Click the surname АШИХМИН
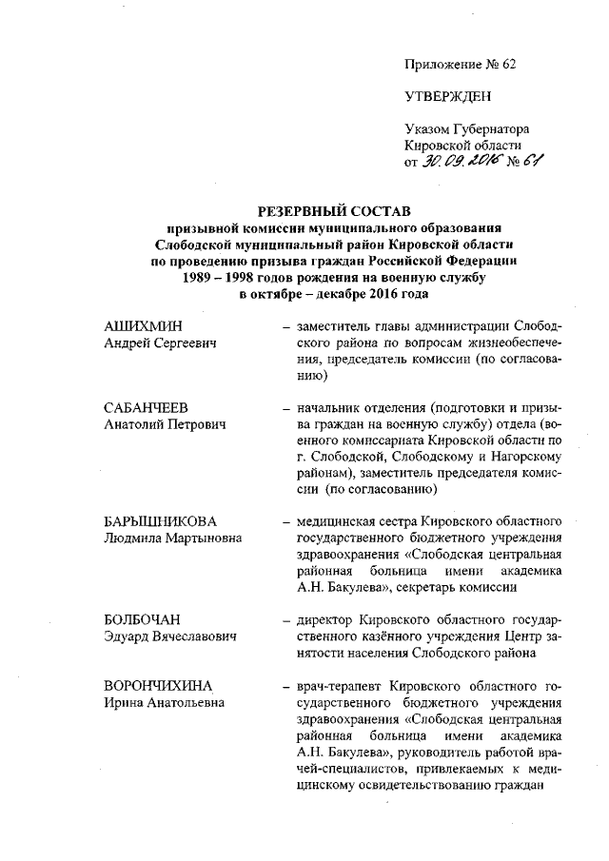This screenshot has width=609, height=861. pyautogui.click(x=142, y=325)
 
